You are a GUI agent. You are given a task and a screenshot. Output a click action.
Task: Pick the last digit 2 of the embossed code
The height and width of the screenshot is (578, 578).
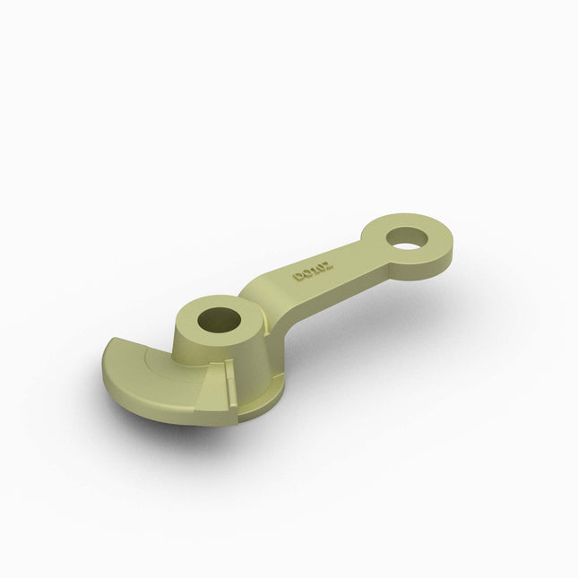click(327, 265)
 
